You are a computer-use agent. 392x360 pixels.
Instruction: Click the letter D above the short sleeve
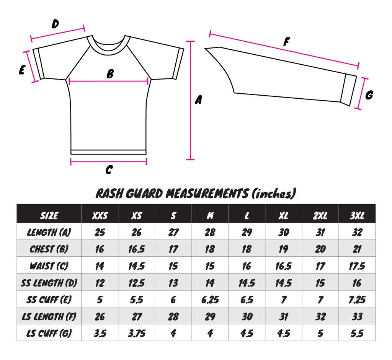pos(55,24)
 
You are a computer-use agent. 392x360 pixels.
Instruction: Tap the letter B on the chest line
pos(110,74)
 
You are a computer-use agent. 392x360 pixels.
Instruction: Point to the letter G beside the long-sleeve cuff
pos(369,95)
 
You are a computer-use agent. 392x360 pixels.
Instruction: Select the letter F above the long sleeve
pos(286,42)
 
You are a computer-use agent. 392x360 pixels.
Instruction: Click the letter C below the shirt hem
pos(109,169)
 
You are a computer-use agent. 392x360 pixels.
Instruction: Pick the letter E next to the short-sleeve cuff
pos(22,70)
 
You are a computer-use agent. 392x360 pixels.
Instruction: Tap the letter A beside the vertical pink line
pos(198,100)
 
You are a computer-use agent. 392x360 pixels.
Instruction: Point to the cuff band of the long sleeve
pos(348,90)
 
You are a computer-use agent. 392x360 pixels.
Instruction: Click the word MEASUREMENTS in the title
pos(207,194)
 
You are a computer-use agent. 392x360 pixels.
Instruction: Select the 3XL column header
pos(357,216)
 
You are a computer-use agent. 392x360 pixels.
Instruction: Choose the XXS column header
pos(100,216)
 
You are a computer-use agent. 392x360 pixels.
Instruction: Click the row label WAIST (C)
pos(49,266)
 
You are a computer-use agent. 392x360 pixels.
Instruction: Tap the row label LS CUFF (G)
pos(49,333)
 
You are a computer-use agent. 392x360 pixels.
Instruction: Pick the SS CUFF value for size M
pos(210,300)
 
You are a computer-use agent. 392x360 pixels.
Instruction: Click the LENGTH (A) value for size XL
pos(284,232)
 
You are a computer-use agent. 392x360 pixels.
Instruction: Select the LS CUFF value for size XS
pos(137,333)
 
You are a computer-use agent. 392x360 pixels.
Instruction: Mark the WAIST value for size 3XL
pos(357,266)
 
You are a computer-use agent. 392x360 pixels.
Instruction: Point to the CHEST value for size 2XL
pos(320,249)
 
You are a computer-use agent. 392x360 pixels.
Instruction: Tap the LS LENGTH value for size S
pos(173,316)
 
